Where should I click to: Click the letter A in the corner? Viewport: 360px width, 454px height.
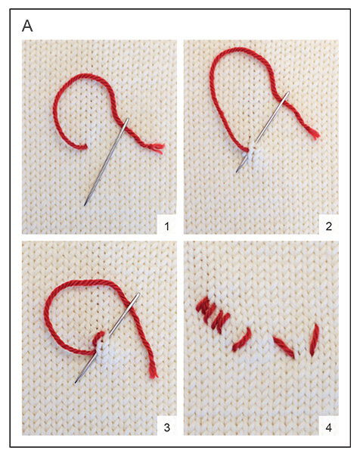pos(27,26)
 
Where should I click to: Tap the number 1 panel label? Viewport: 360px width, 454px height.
pos(166,225)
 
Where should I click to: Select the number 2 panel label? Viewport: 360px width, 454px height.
pos(328,225)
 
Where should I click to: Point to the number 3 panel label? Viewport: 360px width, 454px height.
pos(166,427)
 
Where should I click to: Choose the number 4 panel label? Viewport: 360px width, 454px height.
pos(328,427)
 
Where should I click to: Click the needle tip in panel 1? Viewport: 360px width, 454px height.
pos(85,205)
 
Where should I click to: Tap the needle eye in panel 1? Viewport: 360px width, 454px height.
pos(126,122)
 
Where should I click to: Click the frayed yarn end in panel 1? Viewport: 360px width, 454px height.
pos(159,148)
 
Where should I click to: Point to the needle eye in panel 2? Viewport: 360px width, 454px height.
pos(287,95)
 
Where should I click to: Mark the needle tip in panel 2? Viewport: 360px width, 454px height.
pos(237,172)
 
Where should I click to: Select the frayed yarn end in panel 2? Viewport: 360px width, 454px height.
pos(315,134)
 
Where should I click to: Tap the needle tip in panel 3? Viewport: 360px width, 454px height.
pos(76,382)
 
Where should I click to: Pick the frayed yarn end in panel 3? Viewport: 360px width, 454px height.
pos(153,373)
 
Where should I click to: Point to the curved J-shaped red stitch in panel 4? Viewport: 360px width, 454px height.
pos(242,340)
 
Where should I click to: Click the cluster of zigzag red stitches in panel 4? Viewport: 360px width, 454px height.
pos(213,314)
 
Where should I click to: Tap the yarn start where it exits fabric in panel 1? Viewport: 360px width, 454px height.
pos(85,147)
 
